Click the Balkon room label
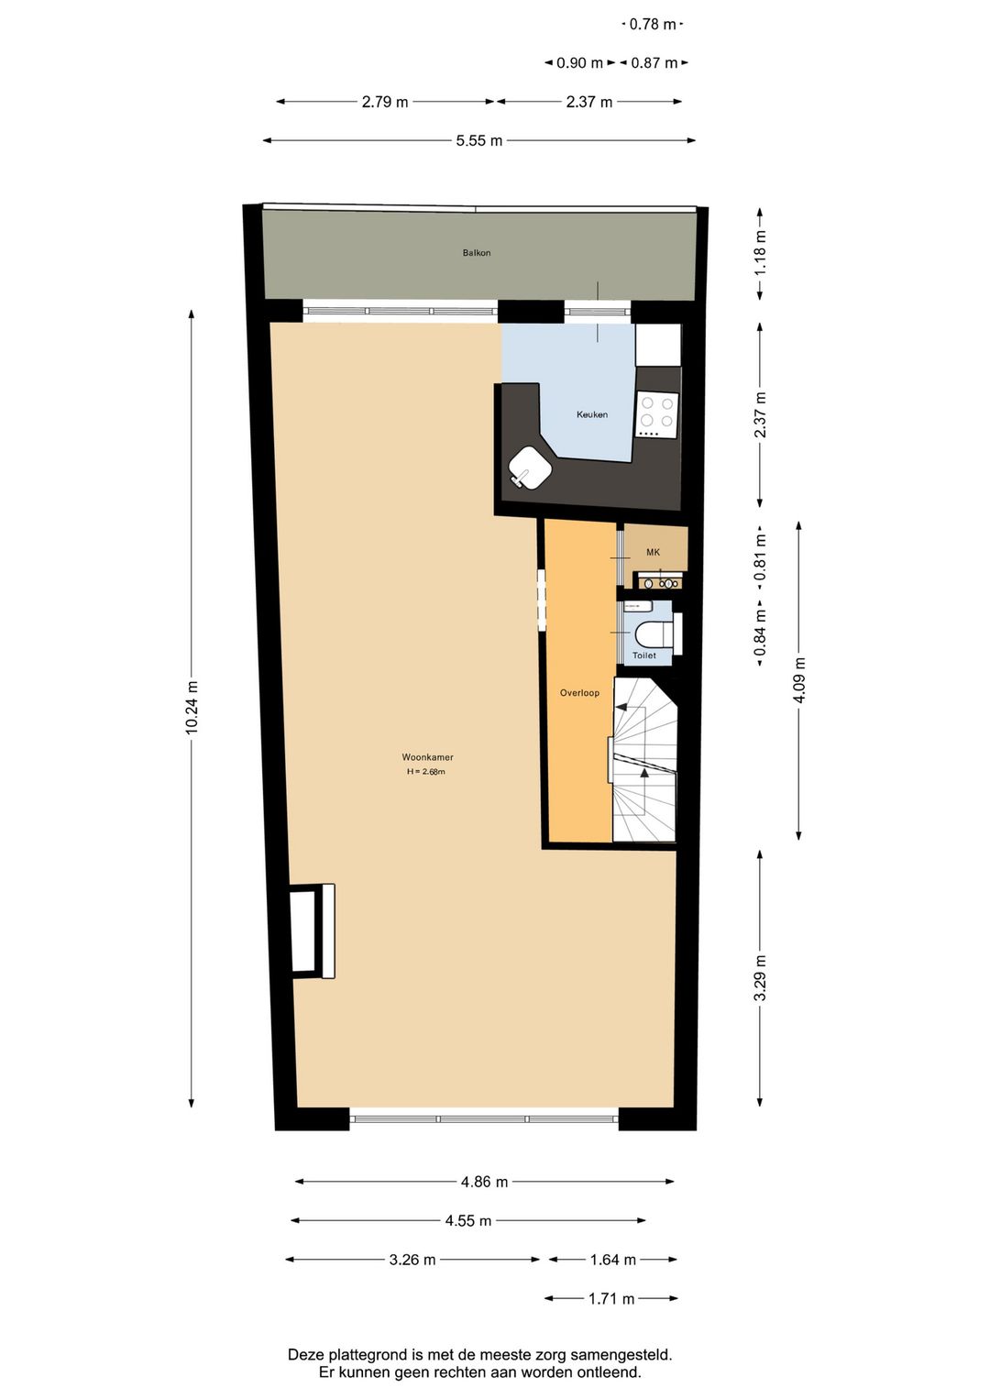[476, 253]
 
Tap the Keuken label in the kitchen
[591, 414]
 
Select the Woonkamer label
[427, 757]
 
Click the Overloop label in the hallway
[579, 693]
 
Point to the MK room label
[653, 552]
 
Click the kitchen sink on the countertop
[530, 468]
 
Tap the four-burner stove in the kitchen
[656, 415]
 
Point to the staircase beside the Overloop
[644, 761]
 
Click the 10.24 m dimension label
[192, 707]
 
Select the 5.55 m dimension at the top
[478, 141]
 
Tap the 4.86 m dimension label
[484, 1183]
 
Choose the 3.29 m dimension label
[760, 978]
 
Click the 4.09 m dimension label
[799, 681]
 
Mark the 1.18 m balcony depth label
[760, 254]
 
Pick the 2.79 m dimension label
[384, 102]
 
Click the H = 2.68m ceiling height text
[426, 772]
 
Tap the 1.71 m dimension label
[611, 1299]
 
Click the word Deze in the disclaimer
[306, 1354]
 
